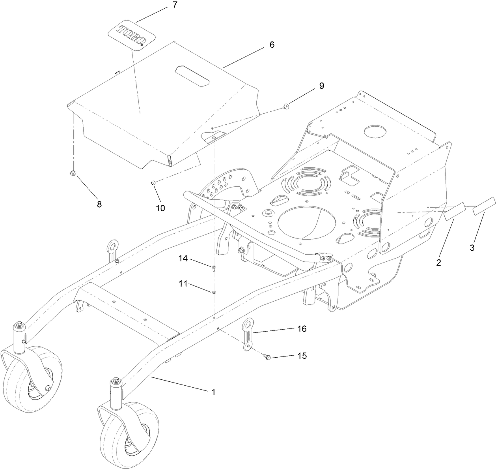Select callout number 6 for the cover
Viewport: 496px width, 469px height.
(x=272, y=45)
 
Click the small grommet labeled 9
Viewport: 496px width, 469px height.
(x=286, y=106)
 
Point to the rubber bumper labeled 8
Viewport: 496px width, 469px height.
(x=73, y=173)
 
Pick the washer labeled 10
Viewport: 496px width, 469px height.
(x=153, y=182)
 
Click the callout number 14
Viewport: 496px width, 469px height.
(x=182, y=259)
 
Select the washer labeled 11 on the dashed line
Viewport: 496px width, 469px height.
(x=213, y=292)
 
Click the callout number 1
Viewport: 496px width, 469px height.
(x=213, y=392)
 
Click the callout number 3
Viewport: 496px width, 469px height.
(x=472, y=248)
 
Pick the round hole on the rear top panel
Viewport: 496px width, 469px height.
(x=375, y=131)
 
